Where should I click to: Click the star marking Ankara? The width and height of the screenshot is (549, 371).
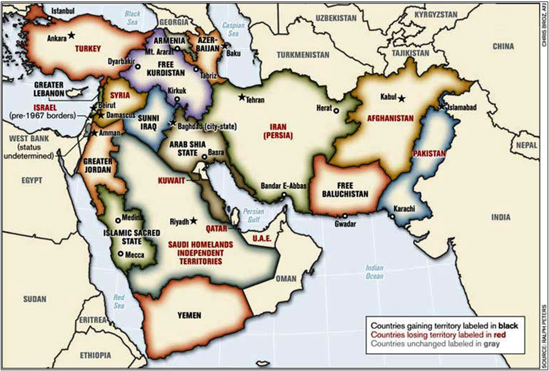[x=71, y=35]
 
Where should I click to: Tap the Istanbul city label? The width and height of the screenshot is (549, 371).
[x=62, y=11]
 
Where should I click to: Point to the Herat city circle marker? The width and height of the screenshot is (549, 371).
[x=336, y=110]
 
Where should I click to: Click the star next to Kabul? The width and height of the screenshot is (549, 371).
[x=401, y=98]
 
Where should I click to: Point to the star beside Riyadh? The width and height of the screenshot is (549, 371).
[x=194, y=220]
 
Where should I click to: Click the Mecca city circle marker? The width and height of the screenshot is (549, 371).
[x=120, y=253]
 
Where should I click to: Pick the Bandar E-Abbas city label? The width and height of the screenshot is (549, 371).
[x=283, y=186]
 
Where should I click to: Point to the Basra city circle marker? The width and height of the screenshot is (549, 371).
[x=204, y=157]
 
